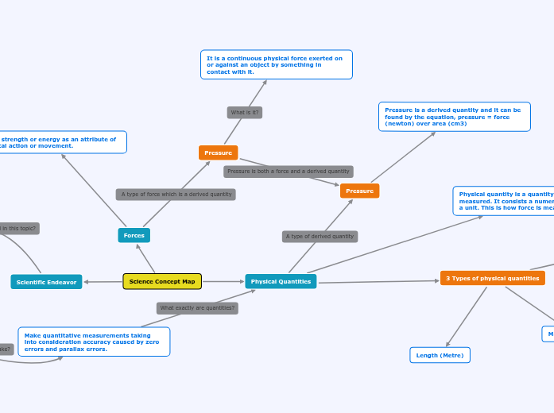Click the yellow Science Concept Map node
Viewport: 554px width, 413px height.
click(162, 281)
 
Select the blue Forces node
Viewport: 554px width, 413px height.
click(134, 235)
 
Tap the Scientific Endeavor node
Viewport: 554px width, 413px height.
click(46, 282)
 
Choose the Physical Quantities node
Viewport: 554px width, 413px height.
click(281, 281)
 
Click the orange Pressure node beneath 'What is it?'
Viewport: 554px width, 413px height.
click(218, 152)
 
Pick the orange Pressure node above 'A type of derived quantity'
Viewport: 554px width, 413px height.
click(359, 191)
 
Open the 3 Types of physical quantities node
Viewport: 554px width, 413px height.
click(492, 278)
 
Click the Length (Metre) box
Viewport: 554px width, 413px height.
click(440, 355)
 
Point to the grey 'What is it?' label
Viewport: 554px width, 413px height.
click(244, 113)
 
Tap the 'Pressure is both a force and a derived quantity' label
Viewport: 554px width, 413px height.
click(288, 171)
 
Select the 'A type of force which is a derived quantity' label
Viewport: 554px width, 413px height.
click(176, 194)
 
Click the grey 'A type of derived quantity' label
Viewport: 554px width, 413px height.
click(320, 236)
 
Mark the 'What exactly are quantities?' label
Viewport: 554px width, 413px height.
click(197, 307)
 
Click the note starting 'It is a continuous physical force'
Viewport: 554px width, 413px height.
click(276, 64)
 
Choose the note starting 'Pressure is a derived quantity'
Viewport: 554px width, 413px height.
click(454, 117)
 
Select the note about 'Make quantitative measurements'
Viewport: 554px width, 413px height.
click(93, 342)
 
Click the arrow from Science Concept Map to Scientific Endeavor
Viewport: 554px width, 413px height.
click(103, 282)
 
